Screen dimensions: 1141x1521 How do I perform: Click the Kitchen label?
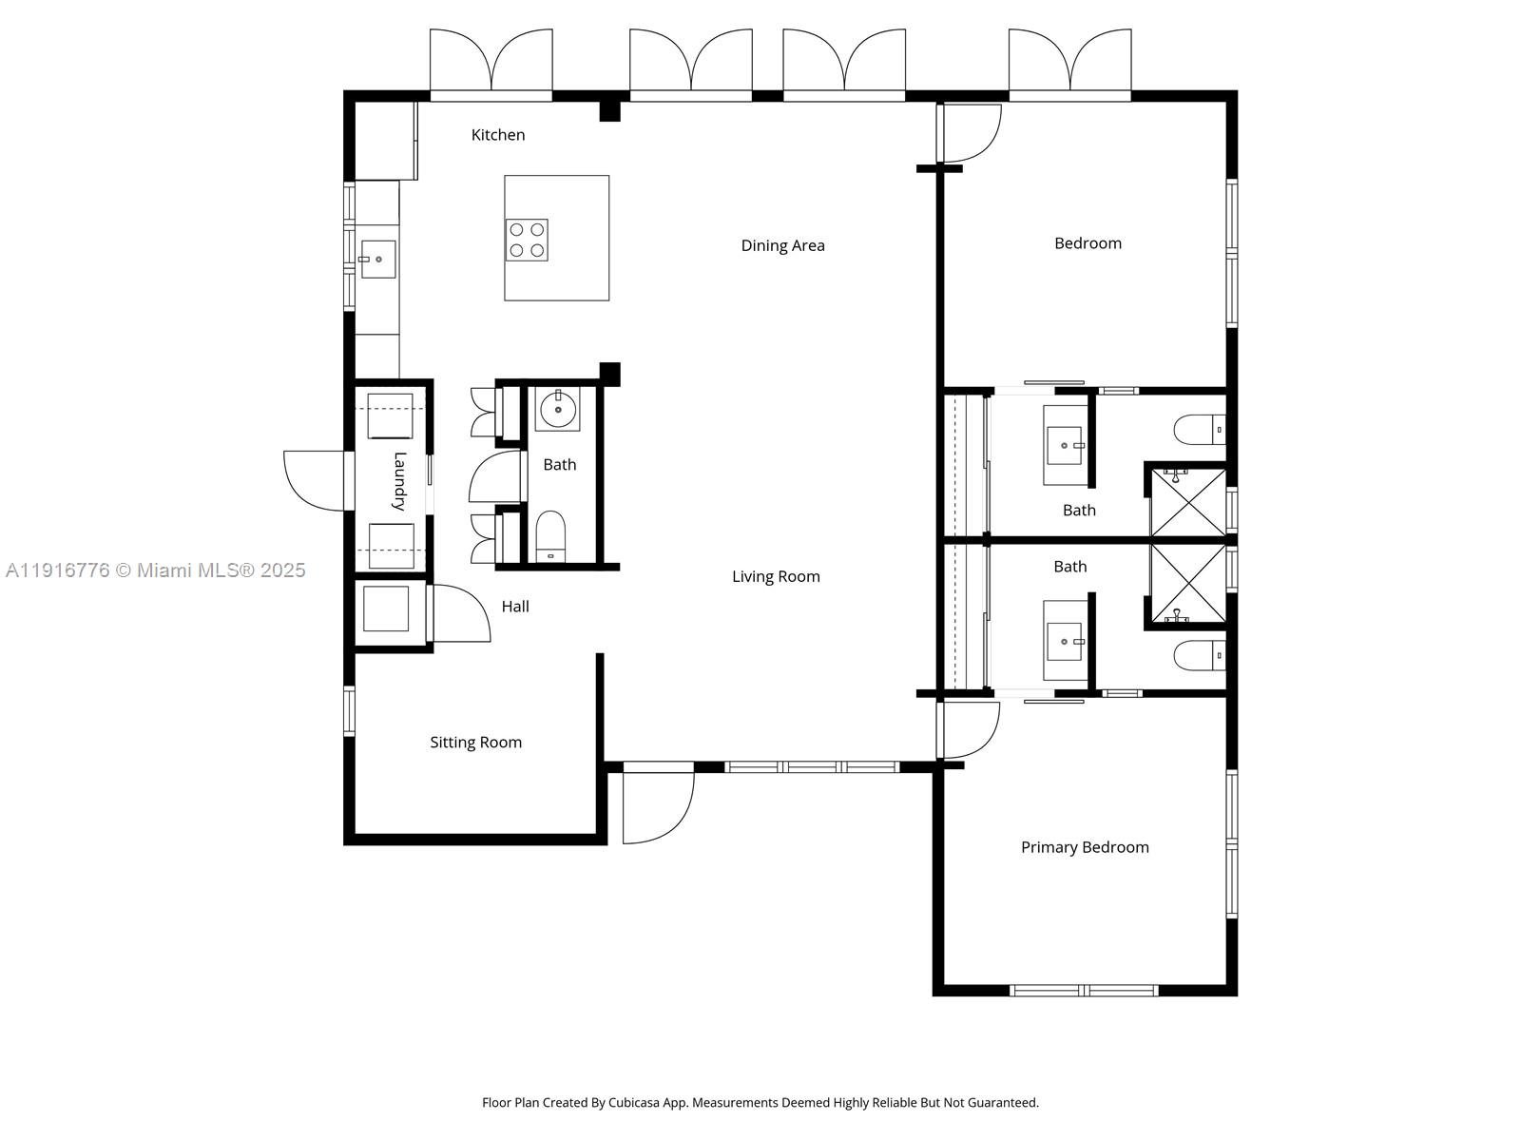(x=498, y=135)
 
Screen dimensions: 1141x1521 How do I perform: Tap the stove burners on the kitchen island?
(x=527, y=240)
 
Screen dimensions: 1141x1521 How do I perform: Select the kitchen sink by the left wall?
(x=377, y=259)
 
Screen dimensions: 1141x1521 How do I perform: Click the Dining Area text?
(x=782, y=245)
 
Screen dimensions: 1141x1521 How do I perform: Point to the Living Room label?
(x=776, y=576)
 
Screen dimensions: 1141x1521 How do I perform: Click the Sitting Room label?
(x=475, y=743)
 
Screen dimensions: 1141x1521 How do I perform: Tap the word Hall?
(x=515, y=607)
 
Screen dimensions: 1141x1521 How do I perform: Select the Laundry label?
(x=399, y=481)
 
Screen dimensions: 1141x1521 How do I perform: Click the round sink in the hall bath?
(x=558, y=411)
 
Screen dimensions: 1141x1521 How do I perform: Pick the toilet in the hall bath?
(x=550, y=537)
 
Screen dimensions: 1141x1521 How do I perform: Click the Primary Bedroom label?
(x=1085, y=847)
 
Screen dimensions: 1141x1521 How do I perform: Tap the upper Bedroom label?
(x=1088, y=243)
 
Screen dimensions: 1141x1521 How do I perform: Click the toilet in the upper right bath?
(x=1200, y=430)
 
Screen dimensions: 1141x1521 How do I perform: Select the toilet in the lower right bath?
(x=1200, y=656)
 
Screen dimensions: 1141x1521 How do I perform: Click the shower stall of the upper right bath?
(x=1188, y=501)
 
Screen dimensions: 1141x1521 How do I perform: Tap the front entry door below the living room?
(x=658, y=806)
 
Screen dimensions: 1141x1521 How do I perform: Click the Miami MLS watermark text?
(x=155, y=570)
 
